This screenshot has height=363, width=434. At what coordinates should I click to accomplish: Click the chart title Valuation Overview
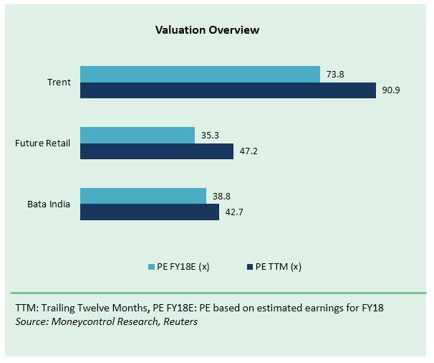click(x=207, y=30)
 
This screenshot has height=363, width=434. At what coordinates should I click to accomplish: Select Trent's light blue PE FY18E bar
click(x=200, y=74)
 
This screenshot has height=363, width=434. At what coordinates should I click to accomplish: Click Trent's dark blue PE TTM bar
click(x=228, y=90)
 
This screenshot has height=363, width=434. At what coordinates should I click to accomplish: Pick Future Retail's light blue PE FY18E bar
click(x=137, y=135)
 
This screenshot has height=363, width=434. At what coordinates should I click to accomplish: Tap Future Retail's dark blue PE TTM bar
click(x=156, y=151)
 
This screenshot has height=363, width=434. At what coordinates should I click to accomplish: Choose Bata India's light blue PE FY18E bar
click(x=143, y=196)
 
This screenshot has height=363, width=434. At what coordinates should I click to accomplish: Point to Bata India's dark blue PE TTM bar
click(x=149, y=212)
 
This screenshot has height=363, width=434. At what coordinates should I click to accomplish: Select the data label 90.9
click(x=390, y=90)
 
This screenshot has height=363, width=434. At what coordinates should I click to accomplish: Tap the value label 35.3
click(x=209, y=135)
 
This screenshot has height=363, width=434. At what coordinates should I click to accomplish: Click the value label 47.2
click(x=248, y=151)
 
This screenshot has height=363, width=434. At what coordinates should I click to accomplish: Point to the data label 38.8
click(x=221, y=196)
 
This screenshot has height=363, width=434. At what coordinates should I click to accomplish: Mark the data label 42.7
click(x=233, y=212)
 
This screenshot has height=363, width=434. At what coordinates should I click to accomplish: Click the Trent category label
click(x=59, y=82)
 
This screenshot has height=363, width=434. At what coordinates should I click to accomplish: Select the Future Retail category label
click(x=43, y=143)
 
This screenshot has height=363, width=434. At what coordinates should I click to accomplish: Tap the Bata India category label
click(x=49, y=204)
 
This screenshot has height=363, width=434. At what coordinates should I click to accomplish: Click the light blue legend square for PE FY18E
click(x=152, y=266)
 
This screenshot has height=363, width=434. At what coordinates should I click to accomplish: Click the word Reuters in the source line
click(x=180, y=321)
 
